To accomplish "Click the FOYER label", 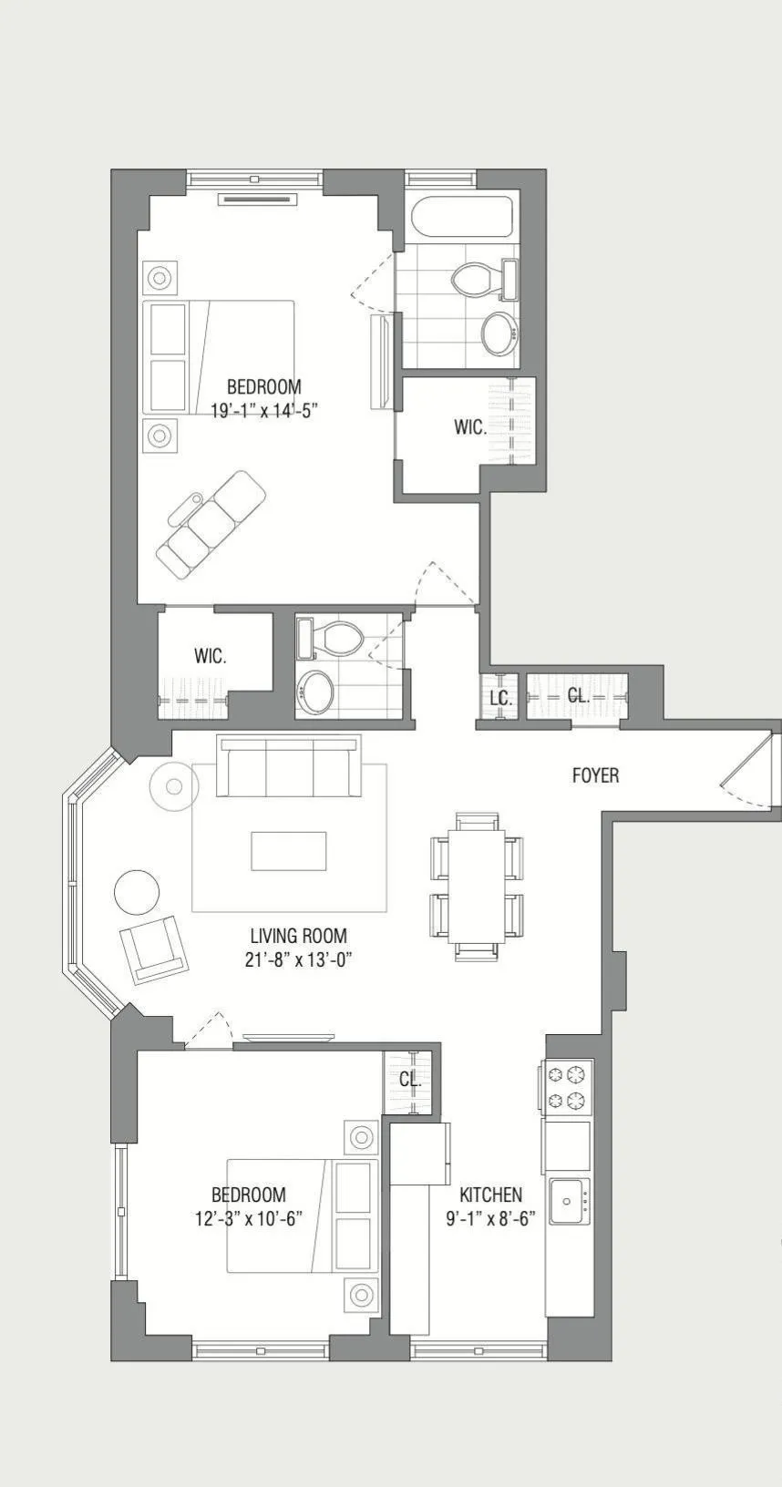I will (595, 775).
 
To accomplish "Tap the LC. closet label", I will (499, 698).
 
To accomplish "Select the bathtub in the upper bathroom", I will (461, 218).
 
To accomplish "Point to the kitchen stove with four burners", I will (566, 1087).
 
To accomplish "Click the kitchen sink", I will (569, 1201).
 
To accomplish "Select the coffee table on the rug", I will (289, 851).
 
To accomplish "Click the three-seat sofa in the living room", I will (288, 765).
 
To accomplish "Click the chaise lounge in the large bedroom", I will (211, 524).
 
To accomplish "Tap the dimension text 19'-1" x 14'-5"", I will (263, 411).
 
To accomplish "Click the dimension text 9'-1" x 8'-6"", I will (490, 1218).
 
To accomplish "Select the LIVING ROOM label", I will (298, 936).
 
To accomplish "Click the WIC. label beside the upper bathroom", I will (470, 427).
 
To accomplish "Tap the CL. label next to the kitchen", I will (410, 1080).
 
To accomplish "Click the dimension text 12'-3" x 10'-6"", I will (248, 1218).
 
